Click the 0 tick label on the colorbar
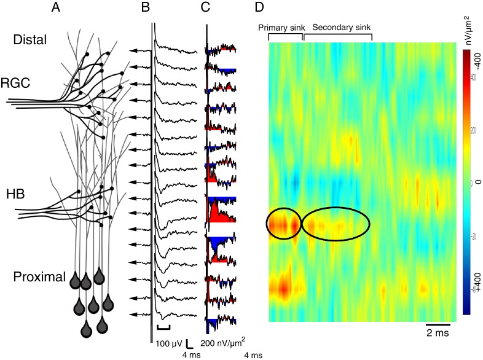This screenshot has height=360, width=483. [x=476, y=182]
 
